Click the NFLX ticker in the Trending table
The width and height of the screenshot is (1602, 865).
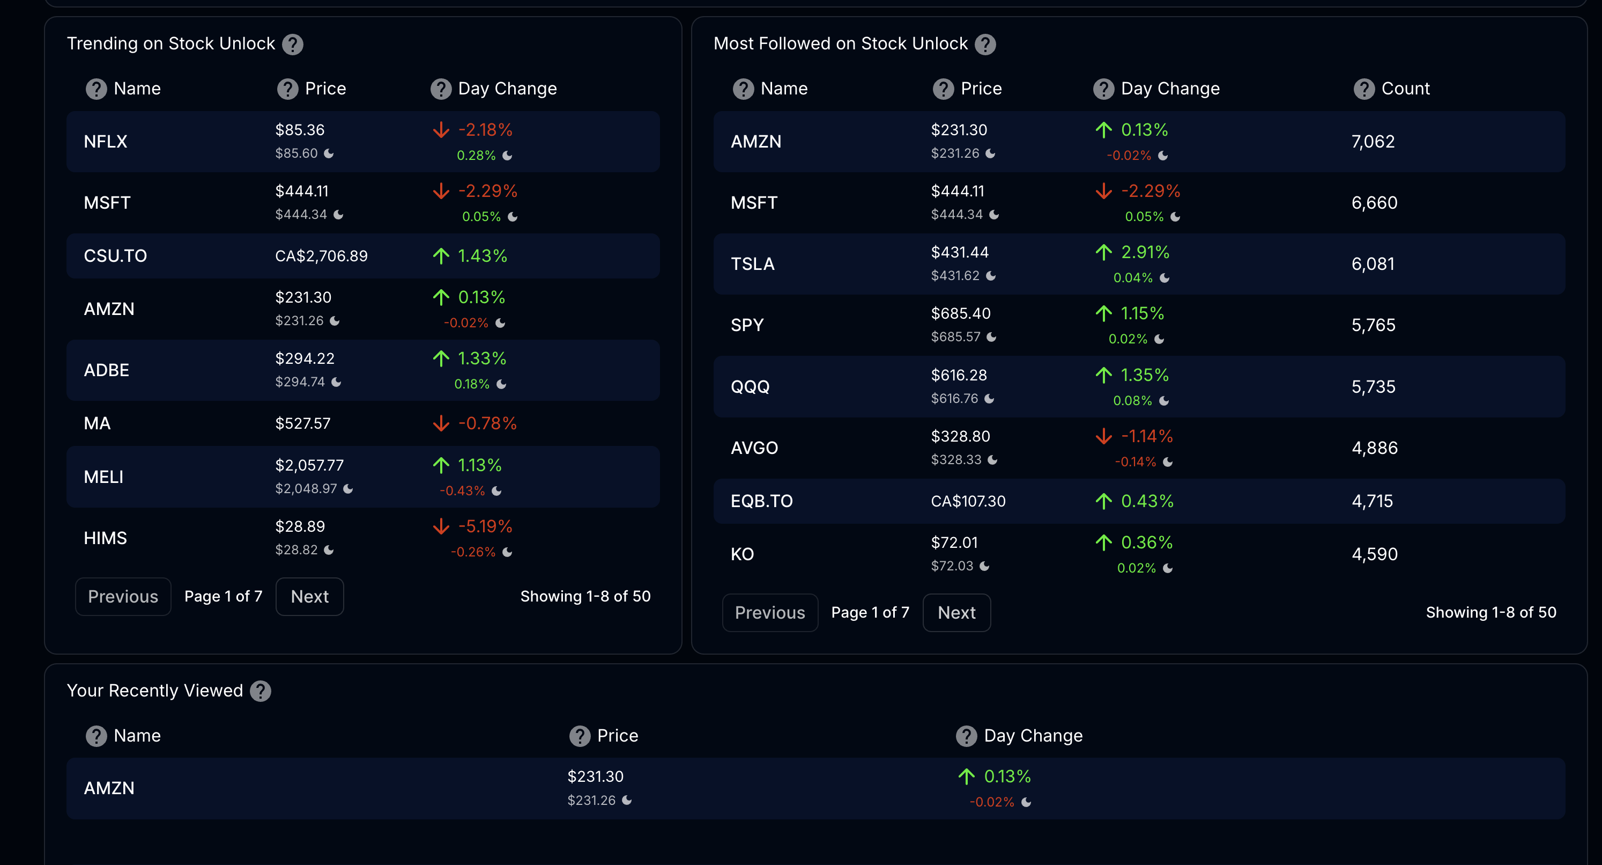(x=105, y=142)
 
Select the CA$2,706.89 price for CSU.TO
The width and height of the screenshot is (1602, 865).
(x=321, y=256)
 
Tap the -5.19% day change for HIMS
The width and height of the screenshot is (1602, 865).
(x=485, y=526)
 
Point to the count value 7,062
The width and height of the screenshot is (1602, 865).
(x=1373, y=142)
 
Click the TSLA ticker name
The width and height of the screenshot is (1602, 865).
(x=753, y=264)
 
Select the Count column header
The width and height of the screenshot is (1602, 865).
(x=1405, y=89)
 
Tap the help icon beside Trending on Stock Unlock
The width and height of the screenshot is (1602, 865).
(x=292, y=44)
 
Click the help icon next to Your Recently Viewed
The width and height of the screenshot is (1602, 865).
(x=260, y=691)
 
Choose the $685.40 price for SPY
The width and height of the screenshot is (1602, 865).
(x=960, y=313)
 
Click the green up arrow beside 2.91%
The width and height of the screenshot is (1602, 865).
(x=1103, y=252)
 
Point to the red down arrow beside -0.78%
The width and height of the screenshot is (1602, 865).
(x=441, y=423)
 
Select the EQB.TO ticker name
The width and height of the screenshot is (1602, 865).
(x=761, y=501)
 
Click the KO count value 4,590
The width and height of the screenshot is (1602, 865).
(x=1374, y=554)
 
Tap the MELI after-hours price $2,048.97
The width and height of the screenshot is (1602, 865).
(x=306, y=488)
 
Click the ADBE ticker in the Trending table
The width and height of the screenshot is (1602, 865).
(x=106, y=370)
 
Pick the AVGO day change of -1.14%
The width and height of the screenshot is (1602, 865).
(x=1146, y=436)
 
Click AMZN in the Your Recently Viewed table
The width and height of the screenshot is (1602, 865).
(x=109, y=788)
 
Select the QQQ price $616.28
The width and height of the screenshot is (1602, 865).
(x=958, y=375)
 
